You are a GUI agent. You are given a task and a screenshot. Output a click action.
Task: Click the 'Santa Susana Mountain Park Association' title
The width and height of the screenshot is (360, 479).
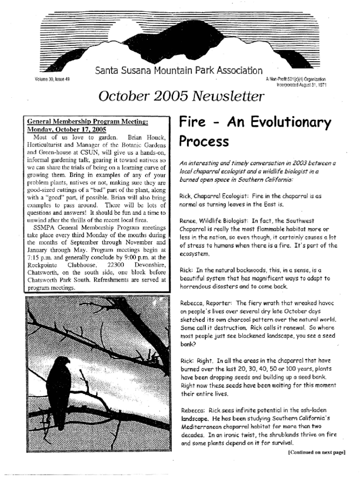(x=179, y=71)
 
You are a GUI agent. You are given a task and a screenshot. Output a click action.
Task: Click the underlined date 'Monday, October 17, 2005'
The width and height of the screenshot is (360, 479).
(x=67, y=129)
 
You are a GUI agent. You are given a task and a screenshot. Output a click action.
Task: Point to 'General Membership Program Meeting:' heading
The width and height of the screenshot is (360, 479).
(x=88, y=121)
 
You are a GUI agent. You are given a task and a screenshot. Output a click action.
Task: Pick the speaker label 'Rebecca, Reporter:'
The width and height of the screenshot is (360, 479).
(x=206, y=303)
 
